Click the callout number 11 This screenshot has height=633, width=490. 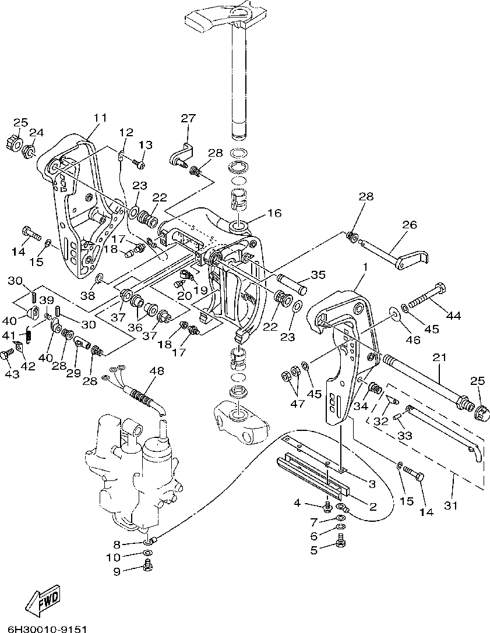tap(100, 118)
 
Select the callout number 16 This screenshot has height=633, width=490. tap(274, 213)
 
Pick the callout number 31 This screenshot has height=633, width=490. tap(450, 505)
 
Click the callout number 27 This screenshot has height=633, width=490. tap(188, 118)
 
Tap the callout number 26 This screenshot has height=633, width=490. tap(409, 224)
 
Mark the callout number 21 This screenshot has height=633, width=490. tap(439, 357)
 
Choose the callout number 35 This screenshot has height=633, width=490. tap(318, 275)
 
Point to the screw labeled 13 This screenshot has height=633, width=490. tap(139, 164)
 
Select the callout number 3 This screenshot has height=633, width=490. tap(371, 483)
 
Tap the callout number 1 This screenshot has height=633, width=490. tap(365, 267)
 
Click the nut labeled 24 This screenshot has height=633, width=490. tap(28, 151)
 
